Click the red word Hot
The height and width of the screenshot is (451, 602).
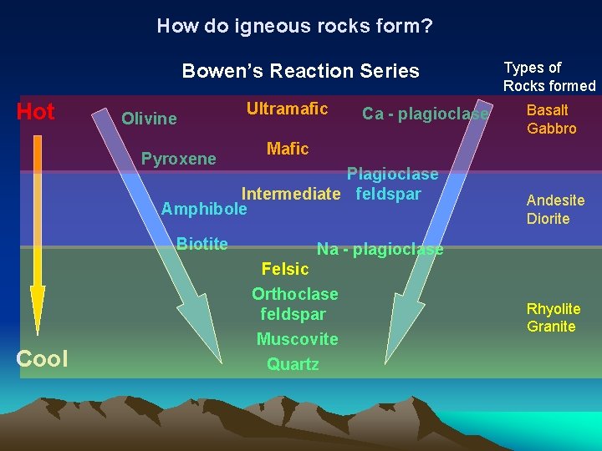coord(36,112)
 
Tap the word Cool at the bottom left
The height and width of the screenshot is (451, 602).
coord(42,358)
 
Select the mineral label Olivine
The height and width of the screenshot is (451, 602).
coord(149,119)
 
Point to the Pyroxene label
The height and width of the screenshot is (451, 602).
coord(178,159)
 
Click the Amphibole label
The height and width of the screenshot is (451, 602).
coord(204,209)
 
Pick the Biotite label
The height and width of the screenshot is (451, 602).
coord(202,244)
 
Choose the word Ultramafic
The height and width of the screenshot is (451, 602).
coord(287,109)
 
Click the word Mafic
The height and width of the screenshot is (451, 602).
coord(288,149)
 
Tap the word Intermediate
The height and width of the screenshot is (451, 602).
coord(291,195)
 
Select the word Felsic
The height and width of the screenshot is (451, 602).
coord(285,269)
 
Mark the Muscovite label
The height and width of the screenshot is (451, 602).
coord(297,339)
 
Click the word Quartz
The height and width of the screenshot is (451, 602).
coord(293,364)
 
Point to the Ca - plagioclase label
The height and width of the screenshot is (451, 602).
coord(425,114)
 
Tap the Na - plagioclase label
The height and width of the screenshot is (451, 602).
coord(380,249)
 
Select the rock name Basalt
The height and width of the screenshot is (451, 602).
coord(547,110)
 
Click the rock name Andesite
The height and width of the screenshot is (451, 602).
coord(555,200)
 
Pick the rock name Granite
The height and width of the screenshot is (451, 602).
coord(551,327)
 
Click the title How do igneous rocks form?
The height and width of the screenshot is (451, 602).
coord(294,26)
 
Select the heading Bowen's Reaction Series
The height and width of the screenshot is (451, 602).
coord(300,71)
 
